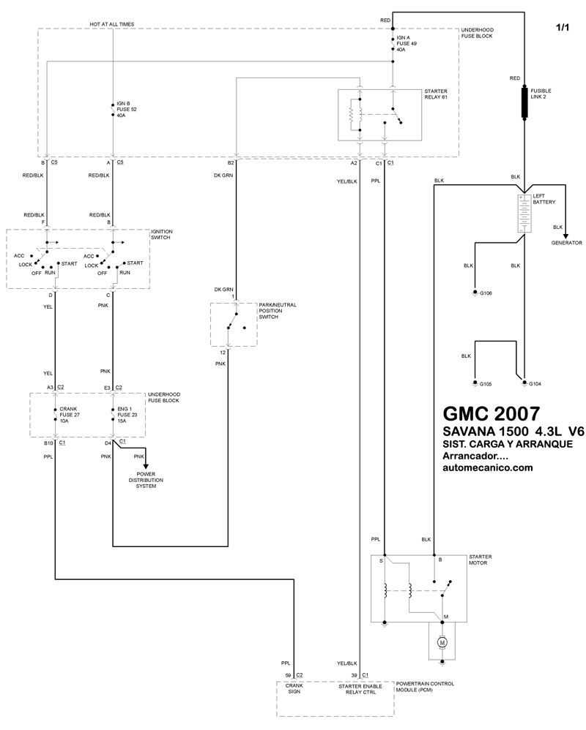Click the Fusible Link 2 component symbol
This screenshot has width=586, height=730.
click(524, 102)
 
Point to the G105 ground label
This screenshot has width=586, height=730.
click(486, 383)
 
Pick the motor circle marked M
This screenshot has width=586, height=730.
click(442, 642)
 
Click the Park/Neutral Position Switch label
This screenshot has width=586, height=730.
click(277, 314)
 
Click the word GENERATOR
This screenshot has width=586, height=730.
click(566, 243)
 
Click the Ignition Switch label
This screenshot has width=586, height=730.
click(162, 235)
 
